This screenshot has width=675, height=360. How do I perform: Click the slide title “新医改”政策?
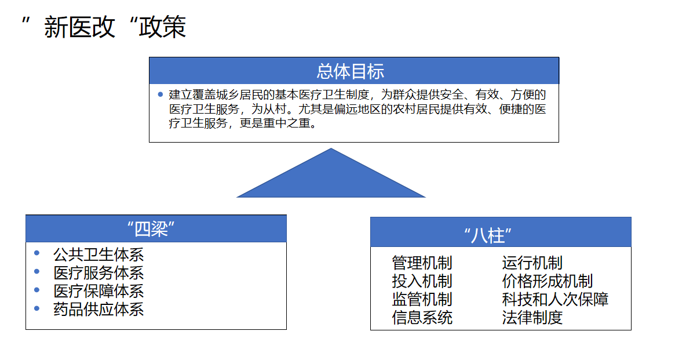coord(104,27)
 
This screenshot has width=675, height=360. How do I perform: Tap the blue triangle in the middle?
coord(331,173)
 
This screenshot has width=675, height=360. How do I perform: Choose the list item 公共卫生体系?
coord(98,254)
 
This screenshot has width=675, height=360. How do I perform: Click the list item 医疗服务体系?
coord(98,272)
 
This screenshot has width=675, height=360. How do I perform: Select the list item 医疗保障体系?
coord(98,291)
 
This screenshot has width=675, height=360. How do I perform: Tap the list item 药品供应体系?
coord(98,309)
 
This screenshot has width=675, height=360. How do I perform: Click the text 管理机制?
coord(422,263)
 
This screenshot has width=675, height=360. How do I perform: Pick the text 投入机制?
coord(422,281)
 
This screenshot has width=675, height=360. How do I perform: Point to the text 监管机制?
coord(422,299)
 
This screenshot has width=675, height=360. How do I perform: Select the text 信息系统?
coord(422,317)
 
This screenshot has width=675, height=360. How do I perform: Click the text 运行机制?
coord(532,263)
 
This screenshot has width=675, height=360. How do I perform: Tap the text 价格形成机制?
coord(548,281)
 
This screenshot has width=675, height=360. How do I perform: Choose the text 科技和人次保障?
coord(555,299)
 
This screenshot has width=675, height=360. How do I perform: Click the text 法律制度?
coord(532,317)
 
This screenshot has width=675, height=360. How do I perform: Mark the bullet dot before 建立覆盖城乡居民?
coord(160,94)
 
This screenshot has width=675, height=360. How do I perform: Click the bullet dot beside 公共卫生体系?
coord(37,253)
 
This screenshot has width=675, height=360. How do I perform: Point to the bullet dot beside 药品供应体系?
coord(37,308)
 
